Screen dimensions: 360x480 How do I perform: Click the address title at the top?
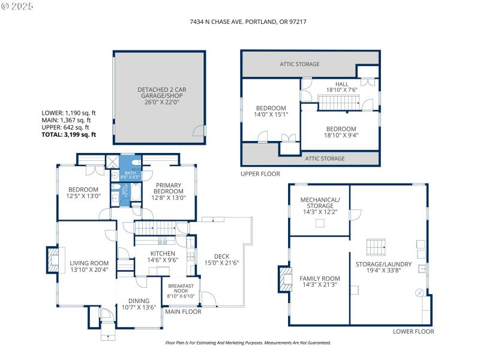240,21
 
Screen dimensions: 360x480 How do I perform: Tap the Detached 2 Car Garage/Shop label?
158,96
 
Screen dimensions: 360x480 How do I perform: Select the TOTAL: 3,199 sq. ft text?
68,134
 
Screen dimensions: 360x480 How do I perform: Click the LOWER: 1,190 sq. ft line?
68,113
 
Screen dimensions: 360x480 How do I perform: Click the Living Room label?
89,266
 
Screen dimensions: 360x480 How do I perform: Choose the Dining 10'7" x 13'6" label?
139,304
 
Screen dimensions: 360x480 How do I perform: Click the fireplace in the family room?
283,279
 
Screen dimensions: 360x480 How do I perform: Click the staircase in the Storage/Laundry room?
377,247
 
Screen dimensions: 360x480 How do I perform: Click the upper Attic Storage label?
299,64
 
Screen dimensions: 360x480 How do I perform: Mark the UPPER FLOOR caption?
261,173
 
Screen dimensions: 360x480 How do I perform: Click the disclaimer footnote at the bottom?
248,343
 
